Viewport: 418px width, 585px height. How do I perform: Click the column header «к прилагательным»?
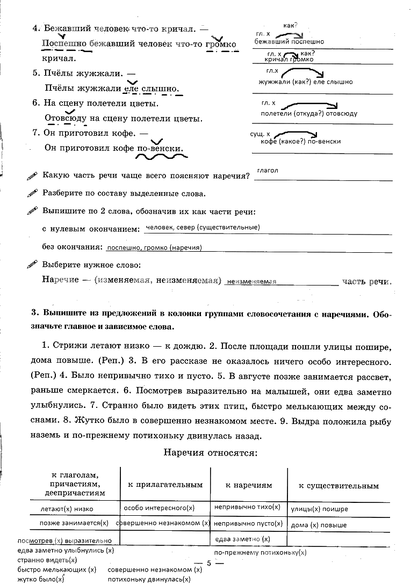click(x=165, y=485)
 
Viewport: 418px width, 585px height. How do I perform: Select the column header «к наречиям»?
click(x=249, y=485)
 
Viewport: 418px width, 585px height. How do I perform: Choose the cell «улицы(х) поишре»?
click(x=319, y=509)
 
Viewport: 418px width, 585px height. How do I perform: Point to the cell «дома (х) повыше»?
click(x=319, y=525)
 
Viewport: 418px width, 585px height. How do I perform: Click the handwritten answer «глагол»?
click(x=267, y=171)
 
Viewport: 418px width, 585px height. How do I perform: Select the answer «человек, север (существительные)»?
click(x=203, y=228)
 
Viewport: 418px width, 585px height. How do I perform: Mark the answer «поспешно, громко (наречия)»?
click(x=154, y=248)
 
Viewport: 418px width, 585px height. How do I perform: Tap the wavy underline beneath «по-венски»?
click(x=161, y=158)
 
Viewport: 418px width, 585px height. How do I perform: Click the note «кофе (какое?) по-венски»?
click(x=300, y=142)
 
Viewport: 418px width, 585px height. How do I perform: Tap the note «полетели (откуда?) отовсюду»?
click(x=309, y=114)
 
